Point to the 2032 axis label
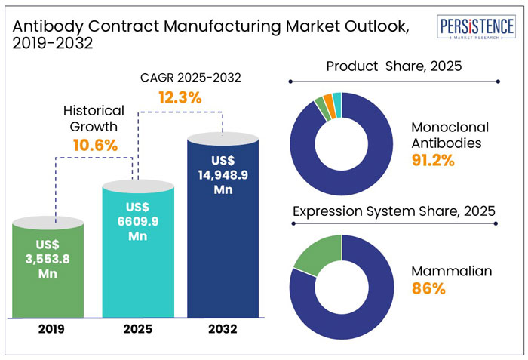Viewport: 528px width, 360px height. point(223,329)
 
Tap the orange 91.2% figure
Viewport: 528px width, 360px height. point(432,159)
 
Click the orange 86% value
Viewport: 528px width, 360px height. point(427,288)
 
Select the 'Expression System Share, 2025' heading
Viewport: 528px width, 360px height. point(393,212)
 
